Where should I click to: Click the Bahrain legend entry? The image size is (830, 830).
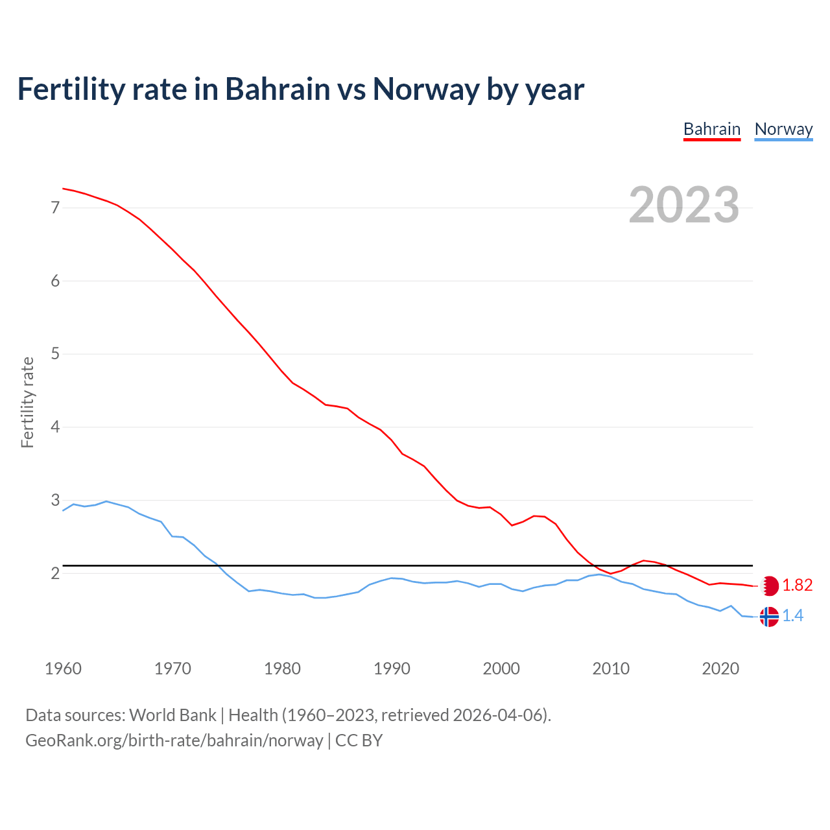pyautogui.click(x=711, y=129)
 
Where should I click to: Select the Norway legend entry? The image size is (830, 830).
pyautogui.click(x=783, y=129)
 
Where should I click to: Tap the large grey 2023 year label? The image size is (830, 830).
pyautogui.click(x=684, y=205)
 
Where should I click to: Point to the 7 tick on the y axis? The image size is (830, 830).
pyautogui.click(x=55, y=207)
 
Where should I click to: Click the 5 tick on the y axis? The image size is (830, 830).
pyautogui.click(x=55, y=354)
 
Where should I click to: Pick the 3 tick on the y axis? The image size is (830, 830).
pyautogui.click(x=55, y=500)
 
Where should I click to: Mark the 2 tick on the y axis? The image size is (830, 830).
pyautogui.click(x=55, y=573)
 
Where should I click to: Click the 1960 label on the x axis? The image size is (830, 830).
pyautogui.click(x=63, y=669)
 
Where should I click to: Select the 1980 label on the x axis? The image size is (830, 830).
pyautogui.click(x=282, y=669)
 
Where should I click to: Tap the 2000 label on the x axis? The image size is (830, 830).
pyautogui.click(x=501, y=669)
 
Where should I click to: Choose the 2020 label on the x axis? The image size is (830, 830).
pyautogui.click(x=720, y=669)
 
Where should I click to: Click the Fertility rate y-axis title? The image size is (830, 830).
pyautogui.click(x=27, y=402)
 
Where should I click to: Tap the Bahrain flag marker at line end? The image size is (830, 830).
pyautogui.click(x=769, y=586)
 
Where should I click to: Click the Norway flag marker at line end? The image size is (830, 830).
pyautogui.click(x=769, y=616)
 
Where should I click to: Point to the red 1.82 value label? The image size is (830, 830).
pyautogui.click(x=797, y=586)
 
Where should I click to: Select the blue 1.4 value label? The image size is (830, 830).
pyautogui.click(x=792, y=616)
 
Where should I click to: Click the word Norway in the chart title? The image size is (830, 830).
pyautogui.click(x=425, y=89)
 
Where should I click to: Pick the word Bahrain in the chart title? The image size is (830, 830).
pyautogui.click(x=278, y=89)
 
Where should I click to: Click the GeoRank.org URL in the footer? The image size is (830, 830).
pyautogui.click(x=174, y=740)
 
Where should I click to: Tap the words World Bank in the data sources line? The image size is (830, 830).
pyautogui.click(x=172, y=715)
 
